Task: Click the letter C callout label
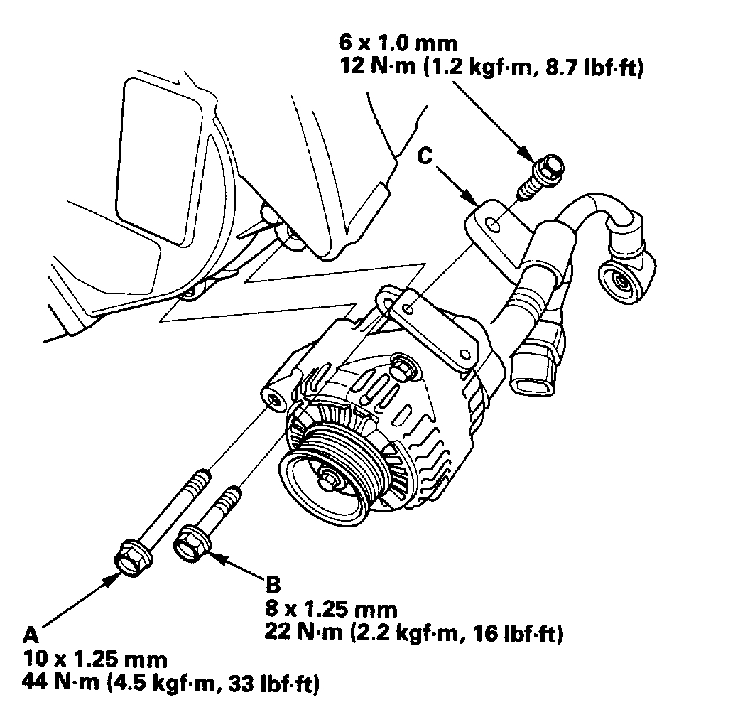pos(424,157)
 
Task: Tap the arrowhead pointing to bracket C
pos(472,196)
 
